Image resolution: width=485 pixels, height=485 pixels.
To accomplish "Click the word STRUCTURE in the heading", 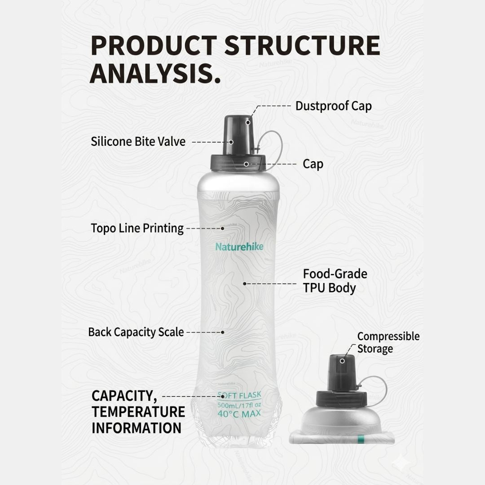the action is tap(302, 45).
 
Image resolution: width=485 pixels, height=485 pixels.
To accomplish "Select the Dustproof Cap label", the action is tap(333, 106).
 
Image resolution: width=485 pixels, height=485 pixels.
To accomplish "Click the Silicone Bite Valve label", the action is tap(138, 141).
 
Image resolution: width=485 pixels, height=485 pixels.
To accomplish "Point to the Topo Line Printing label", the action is tap(137, 229).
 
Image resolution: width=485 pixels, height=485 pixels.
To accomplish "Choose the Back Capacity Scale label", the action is tap(136, 332).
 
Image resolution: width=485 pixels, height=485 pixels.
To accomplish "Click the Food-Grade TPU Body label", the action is tap(335, 281).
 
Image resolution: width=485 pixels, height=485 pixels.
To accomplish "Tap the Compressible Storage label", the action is tap(388, 342).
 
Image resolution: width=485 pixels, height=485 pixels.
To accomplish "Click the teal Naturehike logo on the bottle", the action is tap(239, 247).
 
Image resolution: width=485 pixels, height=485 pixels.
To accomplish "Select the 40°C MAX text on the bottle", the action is tap(239, 414).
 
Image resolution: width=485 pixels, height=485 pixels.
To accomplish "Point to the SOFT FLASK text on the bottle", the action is tap(239, 395).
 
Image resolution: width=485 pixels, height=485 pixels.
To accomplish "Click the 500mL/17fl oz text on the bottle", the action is tap(239, 405).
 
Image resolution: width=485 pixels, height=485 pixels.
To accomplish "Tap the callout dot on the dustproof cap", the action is tap(248, 123).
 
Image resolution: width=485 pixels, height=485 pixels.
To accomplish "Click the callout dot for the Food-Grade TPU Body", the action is tap(245, 284).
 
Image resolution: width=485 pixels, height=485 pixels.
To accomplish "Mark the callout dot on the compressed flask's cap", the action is tap(342, 361).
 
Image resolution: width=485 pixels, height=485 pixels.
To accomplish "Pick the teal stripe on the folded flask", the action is tap(360, 440).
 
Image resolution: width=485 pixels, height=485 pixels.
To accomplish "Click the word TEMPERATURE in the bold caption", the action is tap(138, 412).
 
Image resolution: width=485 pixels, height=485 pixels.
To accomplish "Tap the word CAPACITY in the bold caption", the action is tap(122, 396).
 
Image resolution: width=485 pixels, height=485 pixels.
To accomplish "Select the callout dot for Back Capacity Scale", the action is tap(222, 332).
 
